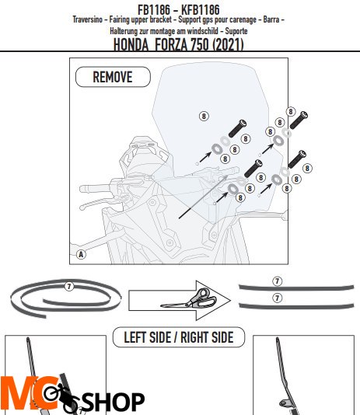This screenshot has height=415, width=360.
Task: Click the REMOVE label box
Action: [x=113, y=77]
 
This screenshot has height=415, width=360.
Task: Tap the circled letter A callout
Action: [x=81, y=254]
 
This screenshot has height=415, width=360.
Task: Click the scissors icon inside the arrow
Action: [x=190, y=298]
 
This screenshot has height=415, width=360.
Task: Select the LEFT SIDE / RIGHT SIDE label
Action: [x=179, y=337]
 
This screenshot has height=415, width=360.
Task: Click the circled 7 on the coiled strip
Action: [x=69, y=286]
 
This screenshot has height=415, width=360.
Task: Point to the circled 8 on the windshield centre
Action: [x=204, y=116]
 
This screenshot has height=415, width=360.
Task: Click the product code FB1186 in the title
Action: [x=154, y=10]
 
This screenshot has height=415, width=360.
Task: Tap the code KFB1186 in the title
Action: [x=201, y=10]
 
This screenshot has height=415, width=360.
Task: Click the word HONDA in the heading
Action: [x=131, y=44]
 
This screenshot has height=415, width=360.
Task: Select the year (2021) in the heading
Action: [x=228, y=44]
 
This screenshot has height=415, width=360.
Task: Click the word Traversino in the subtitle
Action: [x=87, y=19]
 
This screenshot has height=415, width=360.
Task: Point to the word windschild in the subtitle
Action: [x=201, y=31]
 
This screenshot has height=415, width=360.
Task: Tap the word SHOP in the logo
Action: [x=114, y=402]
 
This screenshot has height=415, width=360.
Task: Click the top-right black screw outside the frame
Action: [x=299, y=120]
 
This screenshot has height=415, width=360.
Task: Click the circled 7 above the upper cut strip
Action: [x=277, y=281]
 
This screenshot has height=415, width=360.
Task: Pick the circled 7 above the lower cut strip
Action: [x=277, y=298]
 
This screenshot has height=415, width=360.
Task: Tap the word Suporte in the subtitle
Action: [x=236, y=31]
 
